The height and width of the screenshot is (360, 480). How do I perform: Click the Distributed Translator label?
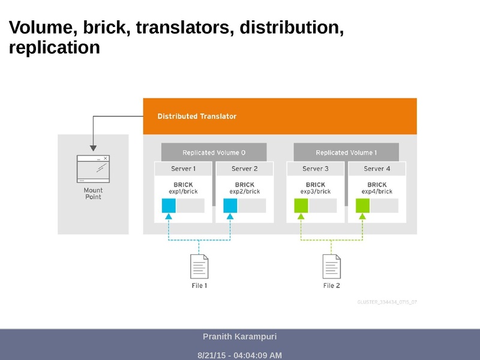click(197, 116)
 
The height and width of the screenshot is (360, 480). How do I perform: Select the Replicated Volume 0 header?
click(214, 152)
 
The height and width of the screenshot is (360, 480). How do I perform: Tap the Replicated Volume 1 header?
click(346, 152)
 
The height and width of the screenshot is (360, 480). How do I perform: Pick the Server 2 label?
click(244, 169)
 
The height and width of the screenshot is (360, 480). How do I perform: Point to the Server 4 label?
click(377, 169)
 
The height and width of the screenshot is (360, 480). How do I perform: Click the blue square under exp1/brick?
click(169, 206)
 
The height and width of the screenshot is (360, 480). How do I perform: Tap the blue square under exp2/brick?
click(230, 206)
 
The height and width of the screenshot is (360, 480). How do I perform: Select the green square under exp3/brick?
click(301, 206)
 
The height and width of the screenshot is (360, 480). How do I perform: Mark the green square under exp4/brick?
click(362, 206)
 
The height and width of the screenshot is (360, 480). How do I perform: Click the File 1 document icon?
click(199, 266)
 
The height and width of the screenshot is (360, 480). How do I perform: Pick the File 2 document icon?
click(332, 266)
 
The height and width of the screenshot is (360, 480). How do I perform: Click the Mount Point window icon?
click(93, 169)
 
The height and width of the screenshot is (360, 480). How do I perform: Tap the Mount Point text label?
click(93, 193)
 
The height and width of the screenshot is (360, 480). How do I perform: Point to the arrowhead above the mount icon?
click(93, 147)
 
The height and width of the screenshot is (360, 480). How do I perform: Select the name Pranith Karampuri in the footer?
click(239, 337)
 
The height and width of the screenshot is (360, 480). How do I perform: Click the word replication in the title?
click(54, 48)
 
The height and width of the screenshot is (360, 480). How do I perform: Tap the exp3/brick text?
click(316, 192)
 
